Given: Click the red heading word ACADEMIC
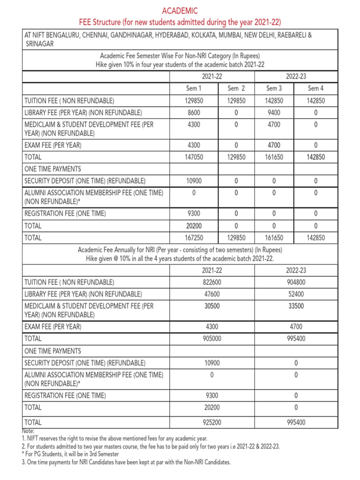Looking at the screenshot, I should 180,10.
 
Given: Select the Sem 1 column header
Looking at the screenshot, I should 194,88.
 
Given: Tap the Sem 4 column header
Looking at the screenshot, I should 315,88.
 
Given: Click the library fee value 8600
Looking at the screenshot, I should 194,112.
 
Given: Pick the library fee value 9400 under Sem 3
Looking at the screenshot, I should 274,112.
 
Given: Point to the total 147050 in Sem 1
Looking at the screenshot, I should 194,157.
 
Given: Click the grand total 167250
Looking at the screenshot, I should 194,238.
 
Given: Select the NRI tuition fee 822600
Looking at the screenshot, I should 211,282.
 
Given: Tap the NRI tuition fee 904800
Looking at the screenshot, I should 295,282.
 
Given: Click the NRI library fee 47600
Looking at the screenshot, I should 211,294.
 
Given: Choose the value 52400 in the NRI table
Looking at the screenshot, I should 295,294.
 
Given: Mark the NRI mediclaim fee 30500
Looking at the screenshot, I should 211,306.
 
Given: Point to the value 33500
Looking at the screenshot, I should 295,306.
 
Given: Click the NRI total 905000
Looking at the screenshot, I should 211,338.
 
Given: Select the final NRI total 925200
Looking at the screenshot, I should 211,422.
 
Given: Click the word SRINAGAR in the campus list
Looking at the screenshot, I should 39,44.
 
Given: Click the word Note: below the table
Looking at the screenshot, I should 29,431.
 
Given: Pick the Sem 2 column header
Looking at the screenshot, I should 236,88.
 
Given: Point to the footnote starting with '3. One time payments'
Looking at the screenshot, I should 127,462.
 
